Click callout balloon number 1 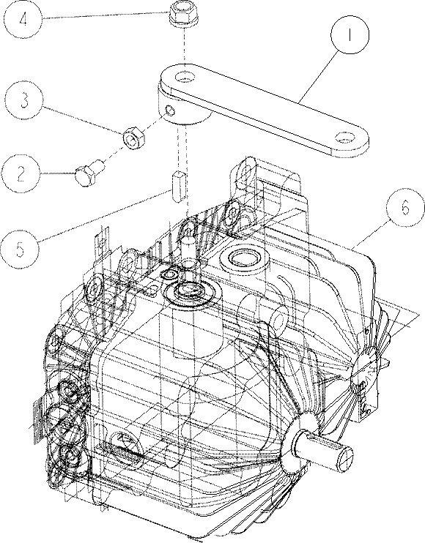point(350,34)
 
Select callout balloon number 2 point(21,174)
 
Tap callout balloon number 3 point(24,100)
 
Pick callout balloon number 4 point(24,19)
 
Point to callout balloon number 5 point(21,248)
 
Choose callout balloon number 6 point(405,208)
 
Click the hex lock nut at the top point(184,15)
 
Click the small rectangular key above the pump point(180,187)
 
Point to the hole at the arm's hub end point(185,77)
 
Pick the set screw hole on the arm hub point(170,111)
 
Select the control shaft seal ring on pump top point(190,291)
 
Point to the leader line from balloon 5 point(105,214)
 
